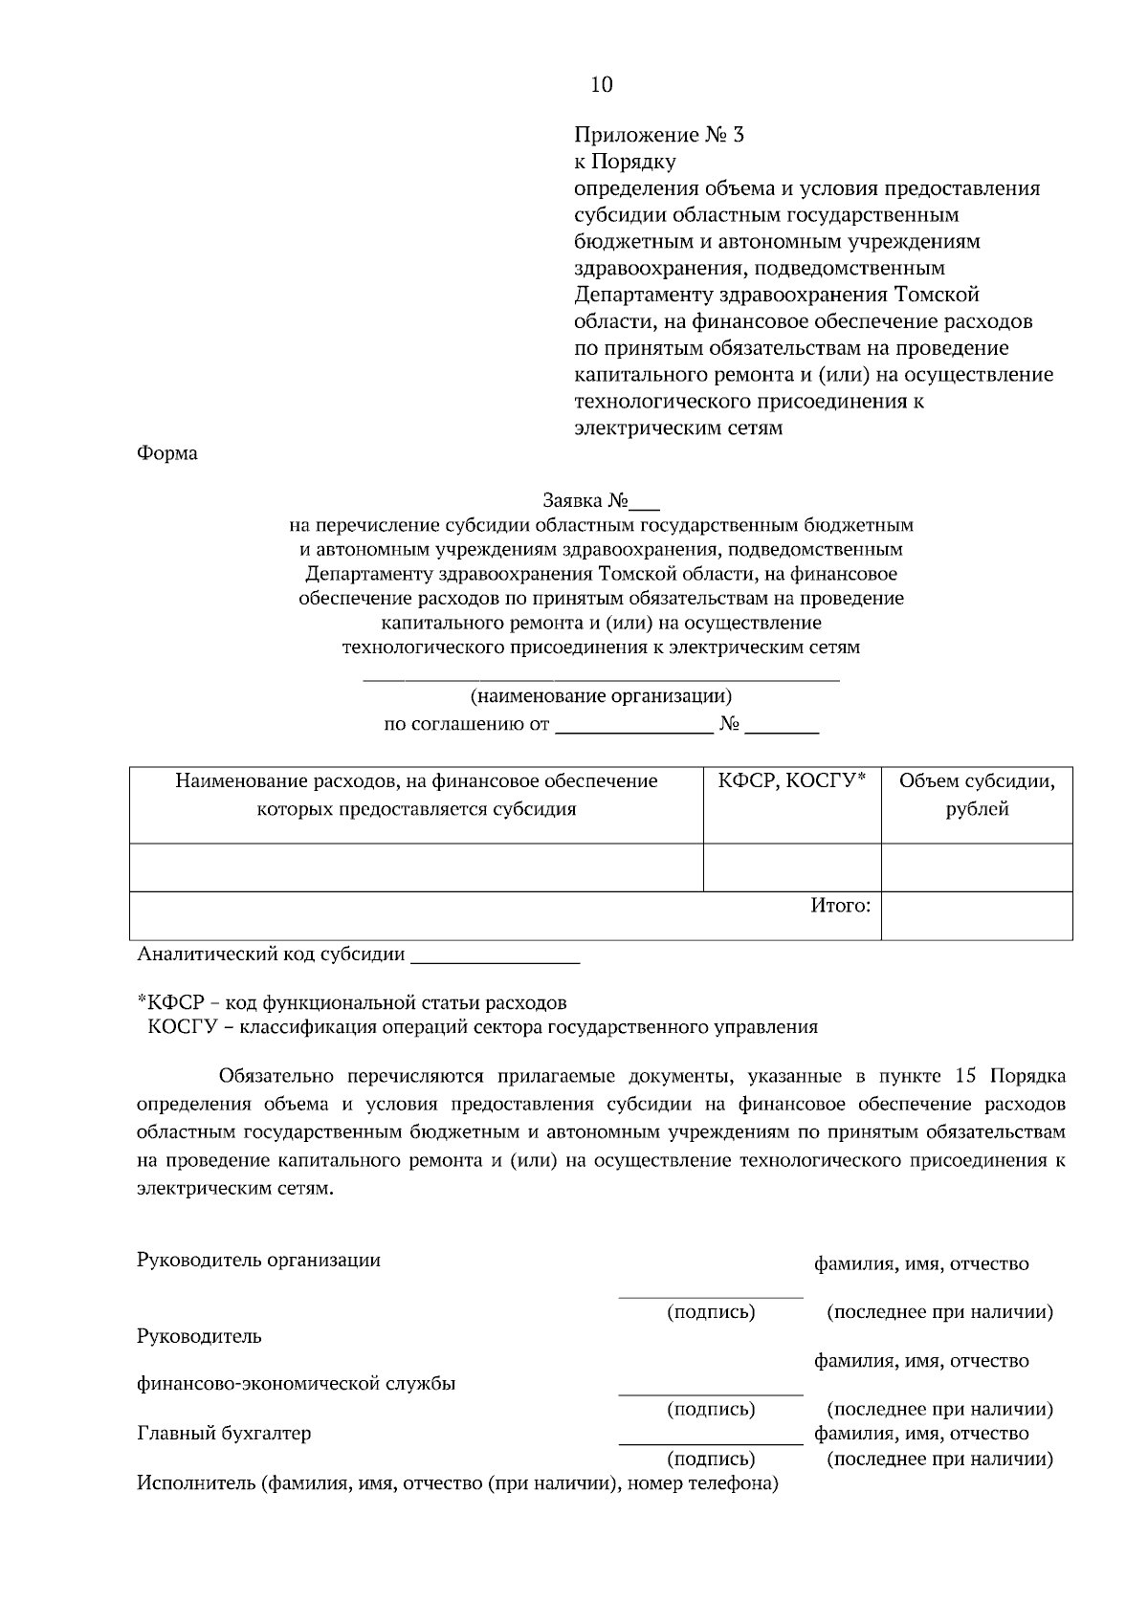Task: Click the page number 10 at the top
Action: pyautogui.click(x=602, y=85)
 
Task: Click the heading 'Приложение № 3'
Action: pyautogui.click(x=659, y=135)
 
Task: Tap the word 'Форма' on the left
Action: pyautogui.click(x=167, y=453)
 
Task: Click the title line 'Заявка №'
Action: pyautogui.click(x=600, y=500)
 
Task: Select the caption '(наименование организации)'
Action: pyautogui.click(x=601, y=696)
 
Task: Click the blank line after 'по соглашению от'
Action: pyautogui.click(x=634, y=726)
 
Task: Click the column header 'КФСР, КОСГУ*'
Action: pyautogui.click(x=791, y=781)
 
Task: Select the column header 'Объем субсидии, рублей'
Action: pyautogui.click(x=976, y=796)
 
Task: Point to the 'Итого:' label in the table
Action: pyautogui.click(x=840, y=905)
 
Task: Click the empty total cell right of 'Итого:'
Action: pyautogui.click(x=976, y=915)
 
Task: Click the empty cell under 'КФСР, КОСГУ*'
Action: pyautogui.click(x=791, y=867)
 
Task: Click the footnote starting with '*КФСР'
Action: pyautogui.click(x=352, y=1003)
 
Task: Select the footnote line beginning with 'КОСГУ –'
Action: pyautogui.click(x=483, y=1028)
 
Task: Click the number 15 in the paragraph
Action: pyautogui.click(x=966, y=1076)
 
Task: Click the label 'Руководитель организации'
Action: pyautogui.click(x=258, y=1260)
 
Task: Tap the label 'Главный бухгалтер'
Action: pyautogui.click(x=224, y=1434)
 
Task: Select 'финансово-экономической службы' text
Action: pyautogui.click(x=297, y=1384)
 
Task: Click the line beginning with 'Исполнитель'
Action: pyautogui.click(x=457, y=1484)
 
